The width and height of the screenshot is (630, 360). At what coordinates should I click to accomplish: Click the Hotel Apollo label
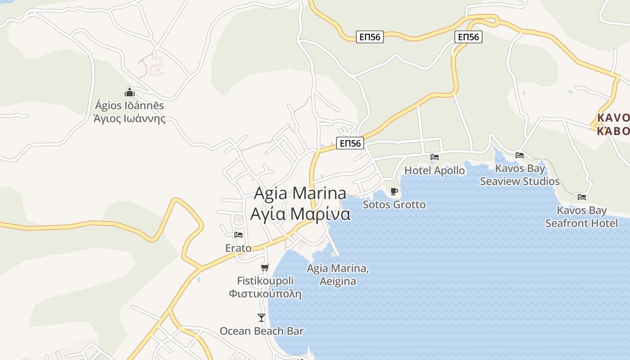coord(434,171)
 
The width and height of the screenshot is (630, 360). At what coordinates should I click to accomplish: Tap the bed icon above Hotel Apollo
coord(434,157)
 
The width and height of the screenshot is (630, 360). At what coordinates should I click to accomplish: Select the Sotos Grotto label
coord(394,205)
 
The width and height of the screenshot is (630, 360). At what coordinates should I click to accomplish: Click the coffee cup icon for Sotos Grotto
coord(394,192)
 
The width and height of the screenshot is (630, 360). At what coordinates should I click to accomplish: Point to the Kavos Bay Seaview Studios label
coord(520,175)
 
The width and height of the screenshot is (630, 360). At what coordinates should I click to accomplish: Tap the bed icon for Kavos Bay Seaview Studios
coord(520,155)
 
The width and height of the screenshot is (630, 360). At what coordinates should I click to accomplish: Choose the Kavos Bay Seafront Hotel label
coord(581,216)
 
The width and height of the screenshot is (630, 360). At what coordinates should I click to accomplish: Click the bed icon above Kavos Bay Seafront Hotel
coord(582,197)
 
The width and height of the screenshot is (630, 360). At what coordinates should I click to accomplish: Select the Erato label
coord(238,248)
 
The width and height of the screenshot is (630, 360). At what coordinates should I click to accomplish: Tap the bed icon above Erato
coord(238,234)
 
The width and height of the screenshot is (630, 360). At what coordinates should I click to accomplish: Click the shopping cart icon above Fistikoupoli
coord(265,268)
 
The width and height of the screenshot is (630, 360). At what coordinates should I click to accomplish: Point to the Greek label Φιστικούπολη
coord(265,294)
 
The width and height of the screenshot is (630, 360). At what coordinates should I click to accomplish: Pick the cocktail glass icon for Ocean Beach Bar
coord(261,318)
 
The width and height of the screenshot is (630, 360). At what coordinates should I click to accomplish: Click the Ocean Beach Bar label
coord(261,331)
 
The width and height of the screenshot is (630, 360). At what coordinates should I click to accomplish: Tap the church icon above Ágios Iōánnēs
coord(130,93)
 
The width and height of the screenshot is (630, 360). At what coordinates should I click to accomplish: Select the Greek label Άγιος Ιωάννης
coord(129,119)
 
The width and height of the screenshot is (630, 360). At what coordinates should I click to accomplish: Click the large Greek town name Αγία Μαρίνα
coord(300,213)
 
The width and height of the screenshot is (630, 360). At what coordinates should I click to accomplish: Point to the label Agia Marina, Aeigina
coord(337,275)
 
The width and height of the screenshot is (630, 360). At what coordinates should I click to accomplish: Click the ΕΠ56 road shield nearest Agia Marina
coord(350,144)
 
